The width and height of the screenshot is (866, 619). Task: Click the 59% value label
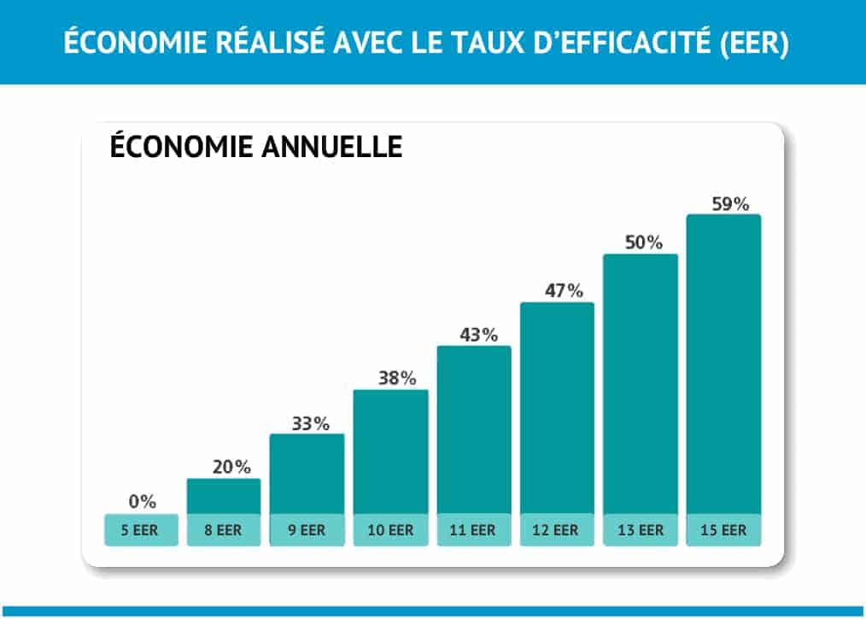pyautogui.click(x=729, y=204)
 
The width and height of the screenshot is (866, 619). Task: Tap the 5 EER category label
pyautogui.click(x=141, y=530)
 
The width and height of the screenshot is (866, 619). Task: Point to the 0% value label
pyautogui.click(x=142, y=501)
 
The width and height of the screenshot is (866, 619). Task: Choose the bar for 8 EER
pyautogui.click(x=224, y=496)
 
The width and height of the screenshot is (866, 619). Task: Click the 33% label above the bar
pyautogui.click(x=307, y=423)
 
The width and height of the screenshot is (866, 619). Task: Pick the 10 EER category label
pyautogui.click(x=390, y=530)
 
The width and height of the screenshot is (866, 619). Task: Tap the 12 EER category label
pyautogui.click(x=557, y=530)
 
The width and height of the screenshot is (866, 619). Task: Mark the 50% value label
pyautogui.click(x=641, y=242)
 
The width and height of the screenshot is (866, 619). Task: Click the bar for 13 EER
pyautogui.click(x=641, y=384)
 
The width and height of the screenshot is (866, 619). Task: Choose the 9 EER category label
pyautogui.click(x=307, y=530)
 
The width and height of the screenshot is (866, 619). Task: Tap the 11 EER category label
pyautogui.click(x=474, y=530)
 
